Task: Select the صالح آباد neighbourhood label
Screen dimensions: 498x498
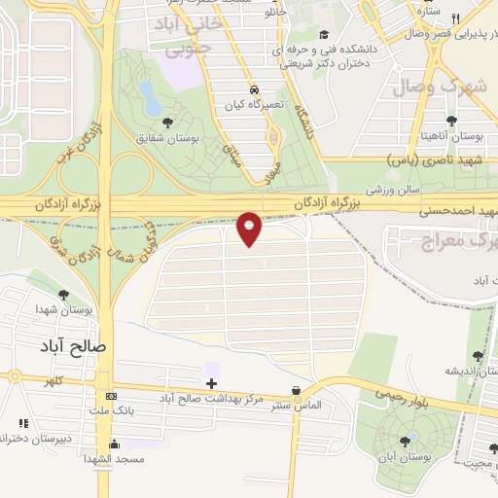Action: click(x=74, y=345)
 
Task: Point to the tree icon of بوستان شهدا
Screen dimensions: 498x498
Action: click(x=64, y=294)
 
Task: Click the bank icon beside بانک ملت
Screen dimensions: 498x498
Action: click(x=111, y=397)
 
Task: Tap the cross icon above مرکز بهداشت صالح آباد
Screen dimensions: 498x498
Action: click(x=211, y=382)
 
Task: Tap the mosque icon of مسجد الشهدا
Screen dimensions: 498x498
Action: click(x=114, y=444)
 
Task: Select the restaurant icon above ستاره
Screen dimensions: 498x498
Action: click(x=455, y=3)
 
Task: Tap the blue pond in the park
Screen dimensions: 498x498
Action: click(x=150, y=95)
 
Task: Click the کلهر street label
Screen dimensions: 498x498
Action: click(x=41, y=383)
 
